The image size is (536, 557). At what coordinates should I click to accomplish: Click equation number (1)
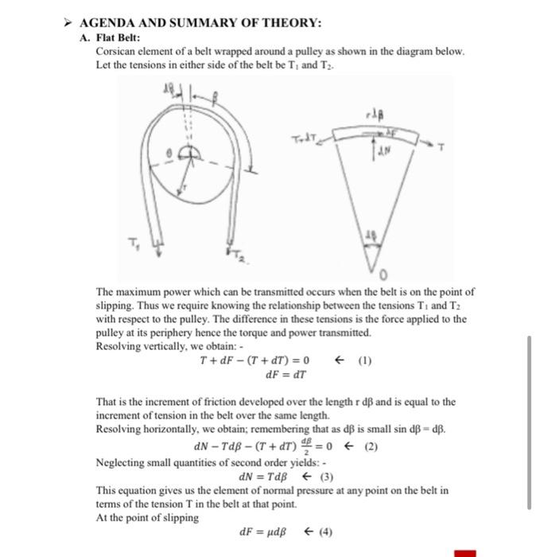coord(364,360)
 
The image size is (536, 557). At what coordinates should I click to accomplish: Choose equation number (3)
coord(326,477)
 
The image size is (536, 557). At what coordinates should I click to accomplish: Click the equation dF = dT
coord(280,375)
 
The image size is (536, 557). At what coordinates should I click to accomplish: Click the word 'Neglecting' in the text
coord(121,462)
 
